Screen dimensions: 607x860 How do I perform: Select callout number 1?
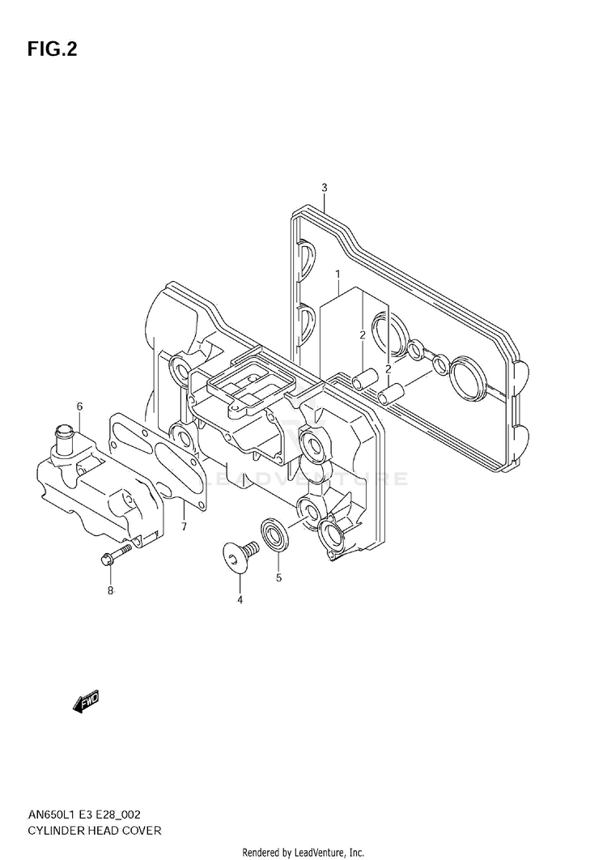337,275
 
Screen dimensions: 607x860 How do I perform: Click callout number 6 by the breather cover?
80,406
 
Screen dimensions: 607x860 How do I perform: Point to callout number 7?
185,526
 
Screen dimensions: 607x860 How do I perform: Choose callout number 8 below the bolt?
111,590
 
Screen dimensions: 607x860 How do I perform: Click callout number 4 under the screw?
240,599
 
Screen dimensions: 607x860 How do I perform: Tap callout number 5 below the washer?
278,578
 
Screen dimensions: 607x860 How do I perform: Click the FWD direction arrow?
85,701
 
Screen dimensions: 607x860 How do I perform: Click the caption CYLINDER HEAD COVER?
94,832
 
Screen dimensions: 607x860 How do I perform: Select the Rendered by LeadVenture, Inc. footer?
303,852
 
